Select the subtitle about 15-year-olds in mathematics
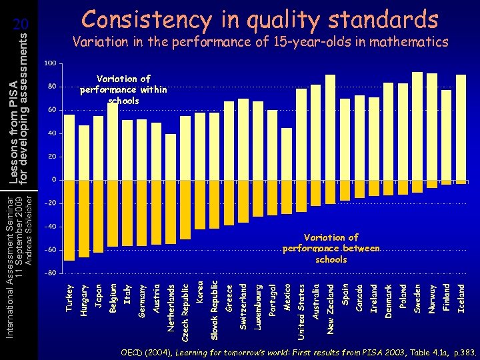(x=260, y=43)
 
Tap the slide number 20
(x=22, y=25)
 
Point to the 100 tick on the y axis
(x=50, y=63)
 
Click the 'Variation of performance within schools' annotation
(x=123, y=90)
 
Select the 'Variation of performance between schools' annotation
(x=331, y=248)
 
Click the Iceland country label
(x=461, y=299)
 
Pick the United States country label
(x=301, y=310)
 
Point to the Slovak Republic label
(x=214, y=310)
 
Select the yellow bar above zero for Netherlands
(x=171, y=157)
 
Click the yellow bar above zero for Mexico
(x=287, y=154)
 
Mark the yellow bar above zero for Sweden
(x=417, y=126)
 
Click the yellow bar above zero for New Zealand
(x=330, y=127)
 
